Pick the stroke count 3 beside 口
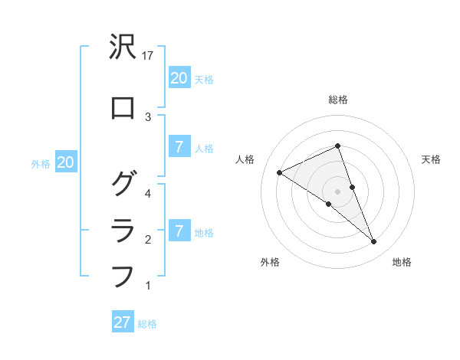[148, 116]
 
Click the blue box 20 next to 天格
[179, 77]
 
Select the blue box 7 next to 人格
[179, 147]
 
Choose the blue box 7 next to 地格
[179, 231]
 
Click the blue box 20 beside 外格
[65, 162]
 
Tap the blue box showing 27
[123, 322]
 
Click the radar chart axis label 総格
[337, 100]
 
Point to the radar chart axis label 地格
[402, 262]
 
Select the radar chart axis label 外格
[270, 262]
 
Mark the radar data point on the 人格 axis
[279, 172]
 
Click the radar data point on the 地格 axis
[373, 242]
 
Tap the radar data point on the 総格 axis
[337, 146]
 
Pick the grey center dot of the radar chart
[337, 191]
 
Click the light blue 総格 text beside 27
[147, 324]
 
